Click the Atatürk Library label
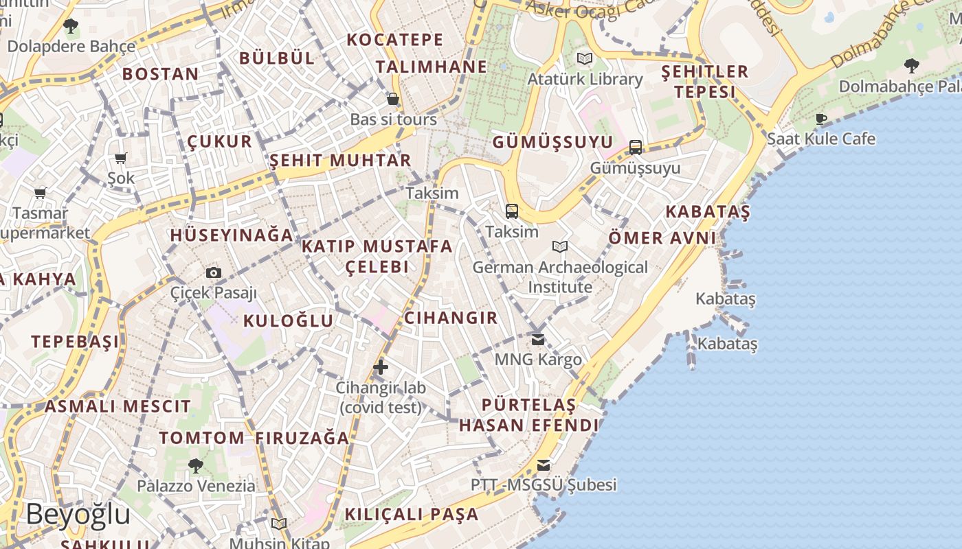[585, 80]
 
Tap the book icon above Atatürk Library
[585, 59]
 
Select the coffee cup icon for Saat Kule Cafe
[820, 119]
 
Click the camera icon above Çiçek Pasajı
[214, 272]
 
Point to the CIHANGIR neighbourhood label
[451, 318]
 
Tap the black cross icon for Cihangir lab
[381, 367]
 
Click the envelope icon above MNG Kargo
[538, 339]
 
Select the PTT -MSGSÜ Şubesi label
[544, 485]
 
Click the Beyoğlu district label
[78, 514]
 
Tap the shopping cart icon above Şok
[121, 159]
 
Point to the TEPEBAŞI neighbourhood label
[75, 342]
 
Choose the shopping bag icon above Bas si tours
[393, 100]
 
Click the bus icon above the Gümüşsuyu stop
[636, 147]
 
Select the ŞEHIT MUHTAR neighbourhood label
[340, 161]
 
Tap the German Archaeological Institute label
[560, 277]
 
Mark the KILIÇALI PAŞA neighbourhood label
[412, 514]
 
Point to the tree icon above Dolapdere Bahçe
[71, 27]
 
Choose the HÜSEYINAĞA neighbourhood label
[232, 235]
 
